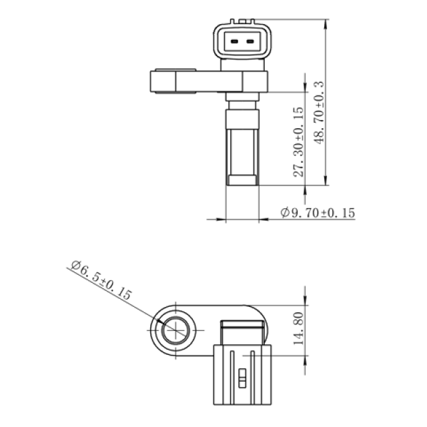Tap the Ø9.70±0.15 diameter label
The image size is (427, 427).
pyautogui.click(x=318, y=213)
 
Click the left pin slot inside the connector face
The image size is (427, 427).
pyautogui.click(x=233, y=42)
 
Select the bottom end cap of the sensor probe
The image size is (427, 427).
pyautogui.click(x=242, y=179)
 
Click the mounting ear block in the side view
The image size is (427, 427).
pyautogui.click(x=163, y=82)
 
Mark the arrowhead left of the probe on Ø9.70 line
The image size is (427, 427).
pyautogui.click(x=224, y=219)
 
